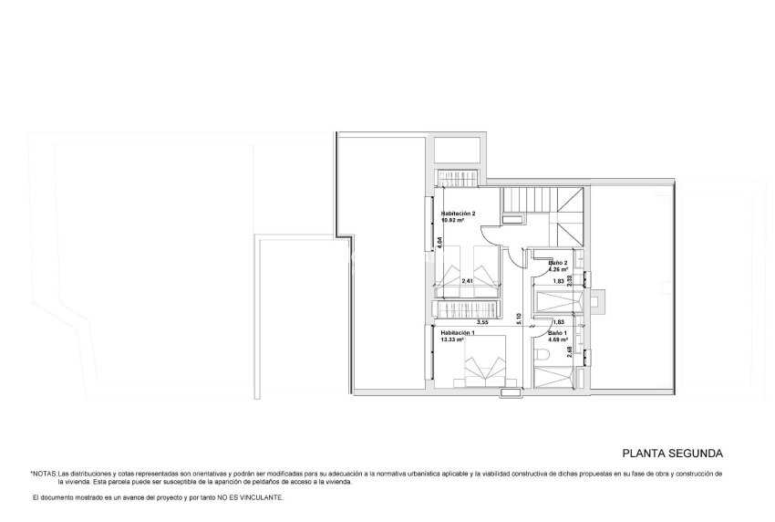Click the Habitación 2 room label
[x=459, y=213]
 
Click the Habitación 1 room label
[x=459, y=334]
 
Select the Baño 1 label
[x=555, y=334]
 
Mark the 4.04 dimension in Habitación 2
[x=439, y=242]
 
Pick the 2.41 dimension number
[x=467, y=281]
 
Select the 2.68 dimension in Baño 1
[x=570, y=350]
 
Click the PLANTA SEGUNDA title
[x=673, y=452]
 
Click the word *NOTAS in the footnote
[x=43, y=474]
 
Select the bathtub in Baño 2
[x=558, y=302]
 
